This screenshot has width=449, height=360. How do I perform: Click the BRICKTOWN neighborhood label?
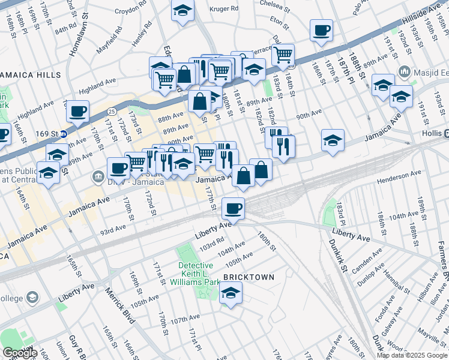pos(248,277)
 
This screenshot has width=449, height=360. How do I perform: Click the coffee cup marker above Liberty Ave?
pos(233,209)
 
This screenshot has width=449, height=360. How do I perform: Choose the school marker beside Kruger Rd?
pos(182,11)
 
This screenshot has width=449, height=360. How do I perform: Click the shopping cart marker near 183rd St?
pos(283,55)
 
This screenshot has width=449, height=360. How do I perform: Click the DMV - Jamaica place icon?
pos(98,177)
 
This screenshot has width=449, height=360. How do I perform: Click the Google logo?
pos(19,353)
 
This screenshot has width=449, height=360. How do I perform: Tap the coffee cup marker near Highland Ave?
pos(78,111)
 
